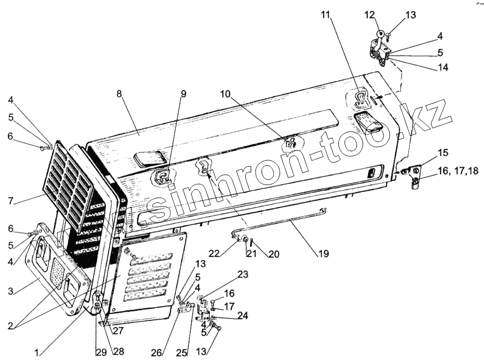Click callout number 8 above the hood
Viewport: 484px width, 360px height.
pyautogui.click(x=119, y=93)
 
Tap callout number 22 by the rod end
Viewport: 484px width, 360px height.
pyautogui.click(x=228, y=253)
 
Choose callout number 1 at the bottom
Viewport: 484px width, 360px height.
pyautogui.click(x=37, y=352)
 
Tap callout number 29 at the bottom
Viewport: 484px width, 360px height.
pyautogui.click(x=101, y=352)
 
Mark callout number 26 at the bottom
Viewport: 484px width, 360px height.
pyautogui.click(x=156, y=352)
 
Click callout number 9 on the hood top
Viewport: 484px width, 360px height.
pyautogui.click(x=183, y=93)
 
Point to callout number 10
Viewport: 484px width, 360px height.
pyautogui.click(x=225, y=93)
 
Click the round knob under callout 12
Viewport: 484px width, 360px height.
pyautogui.click(x=379, y=33)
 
